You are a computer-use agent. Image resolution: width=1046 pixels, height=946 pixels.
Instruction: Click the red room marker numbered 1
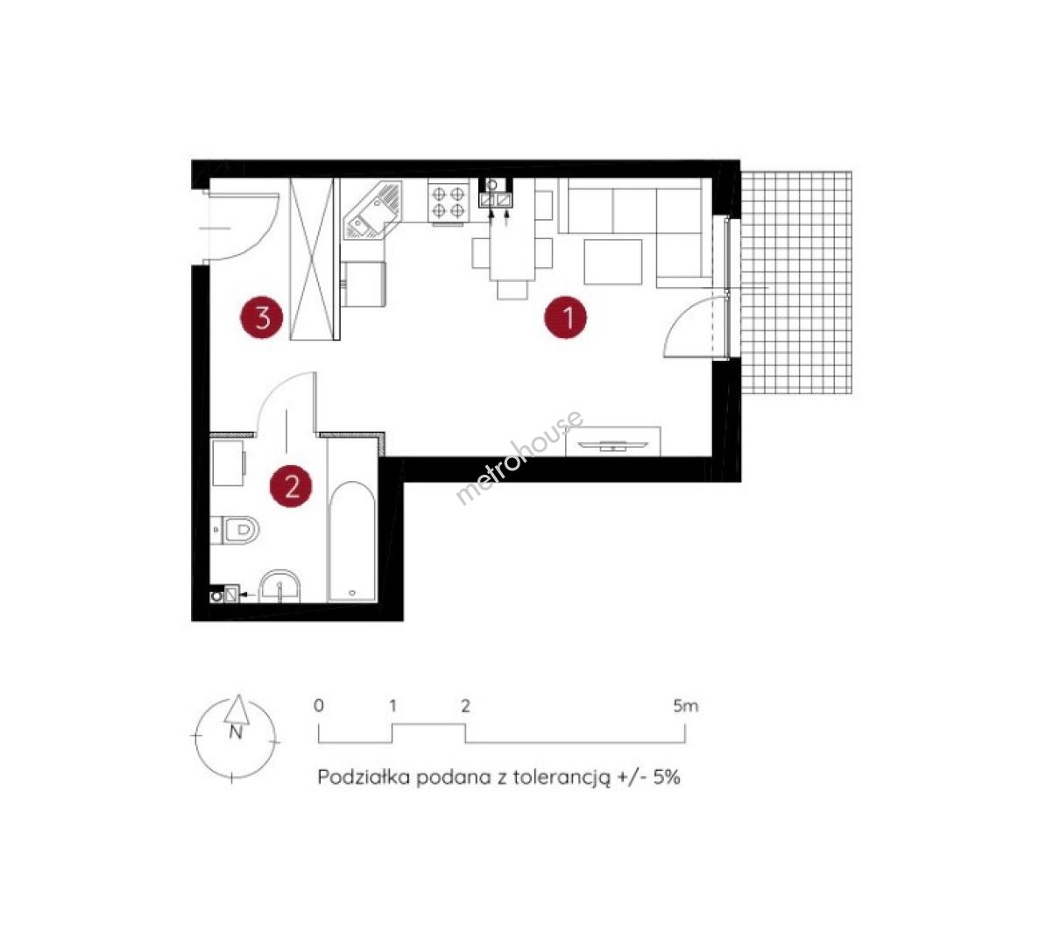566,318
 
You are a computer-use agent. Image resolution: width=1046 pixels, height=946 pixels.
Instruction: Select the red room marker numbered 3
261,317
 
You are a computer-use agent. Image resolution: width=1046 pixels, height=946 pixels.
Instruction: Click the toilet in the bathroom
235,531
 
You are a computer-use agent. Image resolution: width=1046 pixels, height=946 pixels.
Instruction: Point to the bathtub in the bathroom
352,540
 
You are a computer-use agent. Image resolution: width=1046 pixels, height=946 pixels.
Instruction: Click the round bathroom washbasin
279,586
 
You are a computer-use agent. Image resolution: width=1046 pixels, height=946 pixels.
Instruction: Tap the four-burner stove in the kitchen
449,201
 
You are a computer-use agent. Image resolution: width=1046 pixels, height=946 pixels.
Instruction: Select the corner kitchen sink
373,211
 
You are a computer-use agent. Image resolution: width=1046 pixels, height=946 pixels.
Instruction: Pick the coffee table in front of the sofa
613,262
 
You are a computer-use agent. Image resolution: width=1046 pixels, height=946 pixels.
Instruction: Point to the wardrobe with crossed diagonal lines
311,259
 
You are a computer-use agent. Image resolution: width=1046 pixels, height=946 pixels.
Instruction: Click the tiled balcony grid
796,283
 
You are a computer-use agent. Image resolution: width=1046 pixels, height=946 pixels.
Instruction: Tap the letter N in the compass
236,732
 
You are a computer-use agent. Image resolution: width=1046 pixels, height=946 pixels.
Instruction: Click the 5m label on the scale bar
686,706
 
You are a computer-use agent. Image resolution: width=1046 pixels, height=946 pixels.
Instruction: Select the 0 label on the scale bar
319,706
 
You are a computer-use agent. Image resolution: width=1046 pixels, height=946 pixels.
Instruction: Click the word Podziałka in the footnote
363,777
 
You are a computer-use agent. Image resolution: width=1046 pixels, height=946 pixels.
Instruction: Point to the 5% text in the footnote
667,777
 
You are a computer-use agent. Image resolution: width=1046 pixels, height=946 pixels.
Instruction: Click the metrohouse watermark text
519,457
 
